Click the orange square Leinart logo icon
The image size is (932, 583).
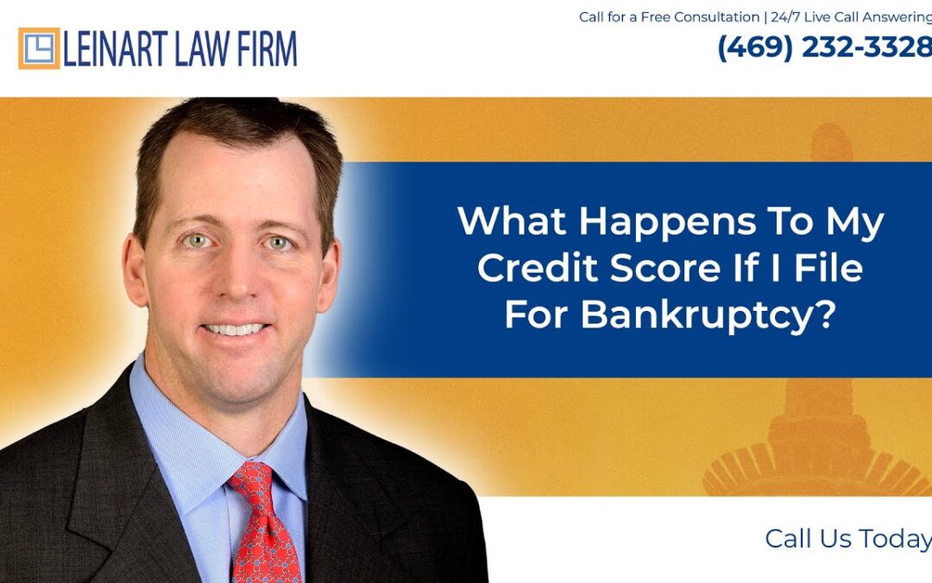pyautogui.click(x=39, y=48)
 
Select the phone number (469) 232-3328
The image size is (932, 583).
pyautogui.click(x=824, y=48)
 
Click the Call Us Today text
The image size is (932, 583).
pyautogui.click(x=847, y=539)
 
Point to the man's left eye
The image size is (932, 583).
pyautogui.click(x=278, y=243)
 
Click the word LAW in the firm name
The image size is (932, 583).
pyautogui.click(x=203, y=49)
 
